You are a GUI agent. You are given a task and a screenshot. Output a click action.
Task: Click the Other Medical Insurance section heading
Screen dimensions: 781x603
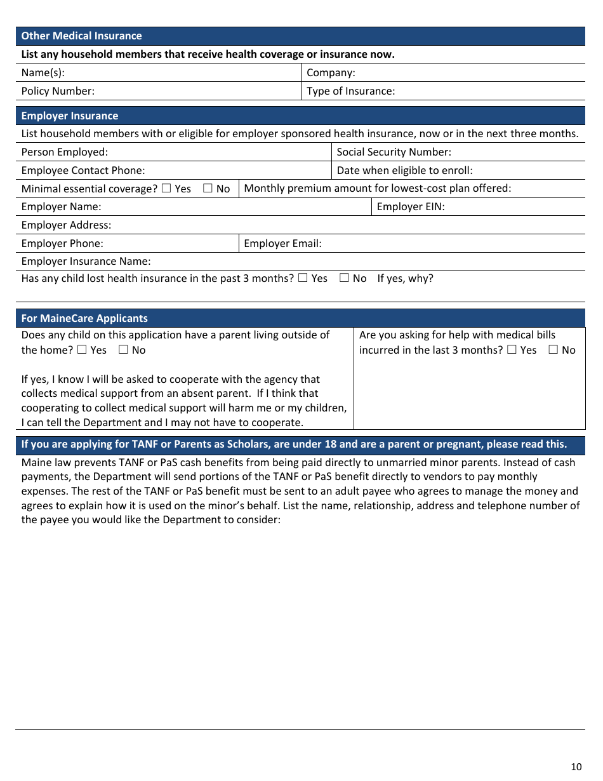pos(81,36)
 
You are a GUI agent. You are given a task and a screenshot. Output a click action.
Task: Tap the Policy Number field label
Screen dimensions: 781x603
pos(58,91)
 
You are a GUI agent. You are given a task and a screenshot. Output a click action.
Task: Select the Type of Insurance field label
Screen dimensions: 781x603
pos(350,91)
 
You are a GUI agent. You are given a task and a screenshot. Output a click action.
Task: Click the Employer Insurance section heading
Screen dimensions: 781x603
pos(70,116)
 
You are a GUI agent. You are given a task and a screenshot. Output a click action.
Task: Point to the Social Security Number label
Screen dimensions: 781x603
pos(394,152)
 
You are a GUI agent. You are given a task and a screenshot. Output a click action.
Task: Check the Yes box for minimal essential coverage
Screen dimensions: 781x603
pos(166,189)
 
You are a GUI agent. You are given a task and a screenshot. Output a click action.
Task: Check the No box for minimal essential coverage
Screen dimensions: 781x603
pos(208,189)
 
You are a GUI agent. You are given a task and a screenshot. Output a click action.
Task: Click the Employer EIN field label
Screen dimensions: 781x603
pos(411,206)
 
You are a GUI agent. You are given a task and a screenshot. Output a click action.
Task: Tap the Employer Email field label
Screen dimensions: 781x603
pos(282,243)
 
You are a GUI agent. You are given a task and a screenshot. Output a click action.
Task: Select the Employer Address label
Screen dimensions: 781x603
pos(66,225)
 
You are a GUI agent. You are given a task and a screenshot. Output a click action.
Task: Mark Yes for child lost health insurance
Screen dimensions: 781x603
pos(303,278)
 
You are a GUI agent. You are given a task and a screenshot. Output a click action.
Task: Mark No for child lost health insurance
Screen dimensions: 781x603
pos(344,278)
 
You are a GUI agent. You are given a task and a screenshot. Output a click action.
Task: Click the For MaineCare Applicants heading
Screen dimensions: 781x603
pos(84,318)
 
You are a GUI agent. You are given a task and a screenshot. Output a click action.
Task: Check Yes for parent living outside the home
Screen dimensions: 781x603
pos(82,350)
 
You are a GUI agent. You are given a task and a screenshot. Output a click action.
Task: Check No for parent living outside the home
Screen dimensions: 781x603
pos(123,350)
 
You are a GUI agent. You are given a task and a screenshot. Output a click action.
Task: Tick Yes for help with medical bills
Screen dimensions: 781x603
pos(512,350)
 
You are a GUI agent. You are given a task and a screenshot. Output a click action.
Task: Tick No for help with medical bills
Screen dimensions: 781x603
pos(553,350)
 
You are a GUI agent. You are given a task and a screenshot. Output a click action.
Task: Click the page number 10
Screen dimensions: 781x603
pos(576,766)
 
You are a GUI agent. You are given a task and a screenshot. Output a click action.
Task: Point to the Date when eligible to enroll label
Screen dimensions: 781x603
pos(404,170)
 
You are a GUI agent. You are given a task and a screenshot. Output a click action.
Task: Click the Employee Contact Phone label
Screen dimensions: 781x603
pos(83,170)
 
